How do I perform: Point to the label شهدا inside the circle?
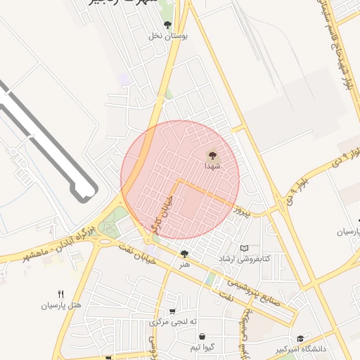point(212,166)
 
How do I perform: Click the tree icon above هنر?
point(184,254)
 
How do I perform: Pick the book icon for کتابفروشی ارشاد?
point(244,248)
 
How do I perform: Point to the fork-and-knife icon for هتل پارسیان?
point(61,295)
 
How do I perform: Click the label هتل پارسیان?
point(61,306)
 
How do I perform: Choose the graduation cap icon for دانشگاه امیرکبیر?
point(301,338)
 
